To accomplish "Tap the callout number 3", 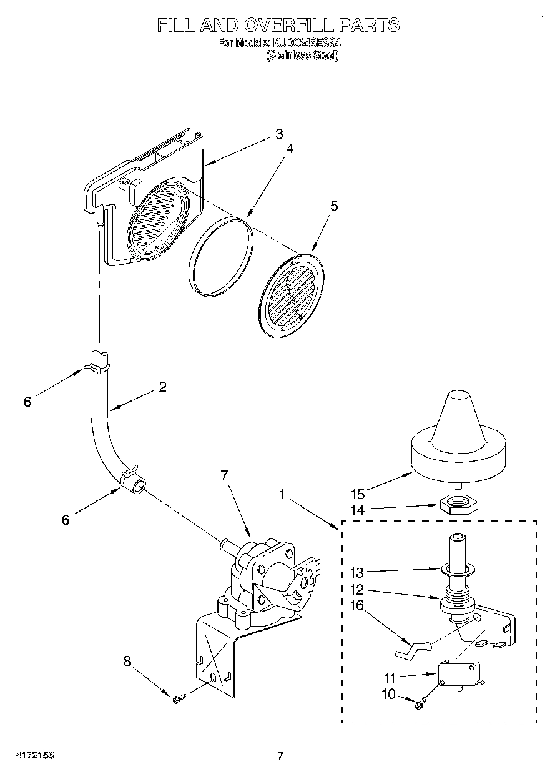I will point(279,134).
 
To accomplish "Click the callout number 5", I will point(334,206).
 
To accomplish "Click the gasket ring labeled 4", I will point(221,256).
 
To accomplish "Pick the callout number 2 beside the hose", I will point(162,387).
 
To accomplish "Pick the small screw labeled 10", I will point(420,705).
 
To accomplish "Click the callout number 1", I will point(282,494).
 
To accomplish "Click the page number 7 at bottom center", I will point(280,756).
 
